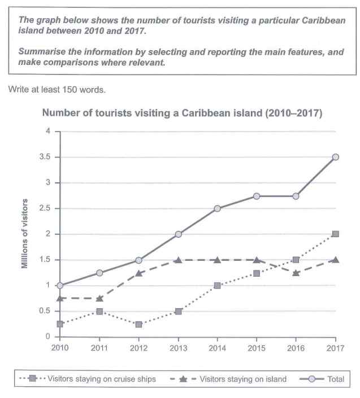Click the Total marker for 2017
[x=335, y=157]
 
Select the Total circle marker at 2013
[x=178, y=234]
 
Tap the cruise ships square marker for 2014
[x=217, y=286]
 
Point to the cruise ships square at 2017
[x=335, y=234]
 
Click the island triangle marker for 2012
[x=138, y=273]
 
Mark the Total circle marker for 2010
[x=60, y=286]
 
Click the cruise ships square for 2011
[x=99, y=311]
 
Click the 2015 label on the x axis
[x=257, y=348]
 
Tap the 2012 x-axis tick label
[x=138, y=348]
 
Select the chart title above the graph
[x=183, y=113]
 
